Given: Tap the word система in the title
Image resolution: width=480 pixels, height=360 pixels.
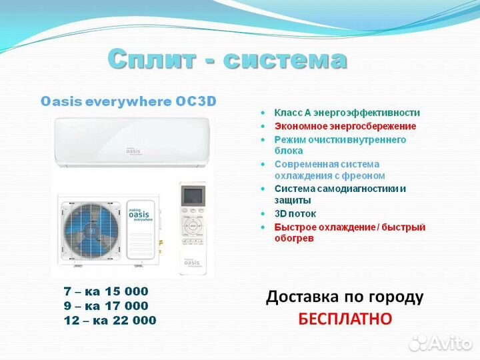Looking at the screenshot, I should (x=285, y=59).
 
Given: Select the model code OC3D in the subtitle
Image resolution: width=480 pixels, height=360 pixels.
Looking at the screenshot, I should (x=196, y=102).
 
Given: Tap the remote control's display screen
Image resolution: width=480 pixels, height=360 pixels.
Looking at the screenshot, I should (x=193, y=198).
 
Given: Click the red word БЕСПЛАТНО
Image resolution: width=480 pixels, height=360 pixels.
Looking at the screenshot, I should (x=345, y=319).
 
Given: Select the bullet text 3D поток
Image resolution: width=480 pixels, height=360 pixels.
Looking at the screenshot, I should (x=295, y=214).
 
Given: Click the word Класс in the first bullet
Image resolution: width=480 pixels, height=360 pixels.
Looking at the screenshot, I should (x=287, y=113).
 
